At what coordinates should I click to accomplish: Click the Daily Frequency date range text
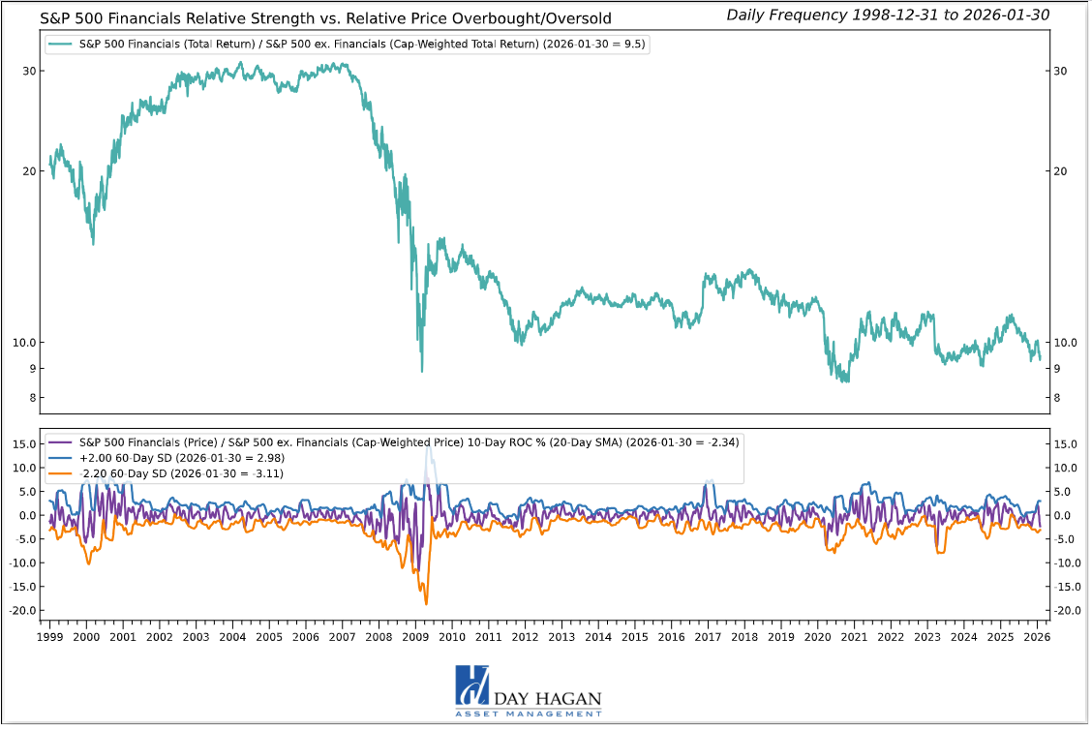click(888, 15)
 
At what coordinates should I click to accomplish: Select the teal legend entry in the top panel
click(348, 45)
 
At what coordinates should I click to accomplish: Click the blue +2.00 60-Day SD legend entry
click(167, 458)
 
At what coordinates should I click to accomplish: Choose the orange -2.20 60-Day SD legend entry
click(167, 473)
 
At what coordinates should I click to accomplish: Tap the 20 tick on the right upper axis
click(1060, 171)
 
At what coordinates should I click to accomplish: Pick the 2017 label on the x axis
click(708, 637)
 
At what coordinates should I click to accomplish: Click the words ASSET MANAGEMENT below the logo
click(528, 714)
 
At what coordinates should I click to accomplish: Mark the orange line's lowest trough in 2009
click(426, 603)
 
